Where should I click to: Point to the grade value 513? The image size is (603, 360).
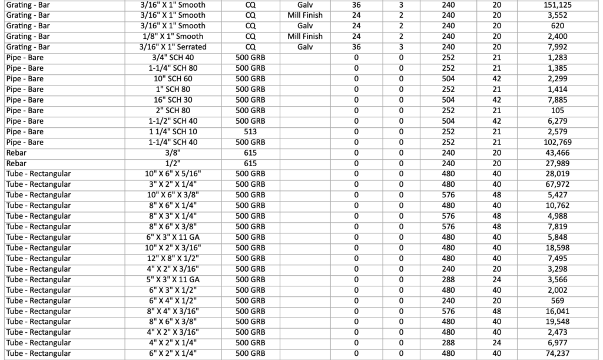coord(250,131)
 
